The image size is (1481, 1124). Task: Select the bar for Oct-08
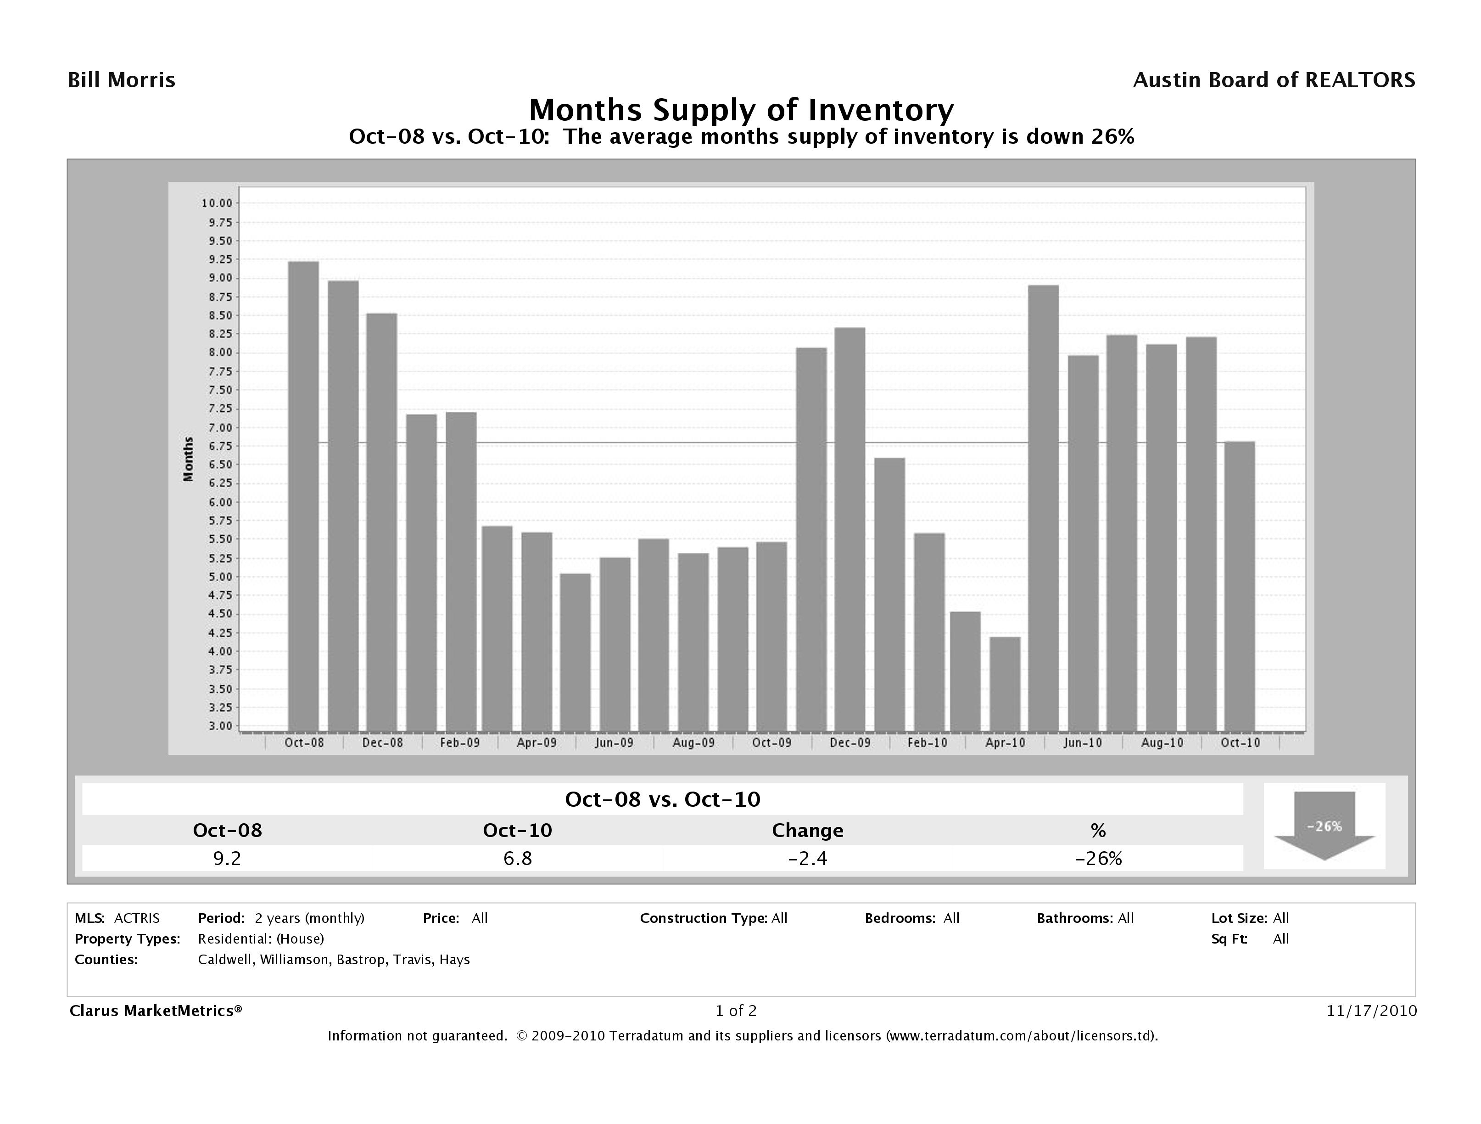coord(303,496)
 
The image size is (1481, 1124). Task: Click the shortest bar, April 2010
coord(1005,683)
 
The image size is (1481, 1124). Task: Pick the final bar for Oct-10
coord(1239,586)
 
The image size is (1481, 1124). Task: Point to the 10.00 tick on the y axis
coord(216,203)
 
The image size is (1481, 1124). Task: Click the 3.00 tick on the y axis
coord(216,726)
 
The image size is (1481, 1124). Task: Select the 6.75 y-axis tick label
coord(216,446)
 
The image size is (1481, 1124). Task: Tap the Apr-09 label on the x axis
coord(537,743)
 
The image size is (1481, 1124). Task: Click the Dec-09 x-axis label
coord(849,743)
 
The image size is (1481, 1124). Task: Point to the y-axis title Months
coord(189,459)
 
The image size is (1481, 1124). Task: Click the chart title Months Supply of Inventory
coord(741,110)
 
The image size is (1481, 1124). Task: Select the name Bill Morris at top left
coord(122,80)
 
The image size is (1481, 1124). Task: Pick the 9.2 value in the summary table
coord(227,858)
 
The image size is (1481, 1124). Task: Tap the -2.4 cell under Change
coord(807,858)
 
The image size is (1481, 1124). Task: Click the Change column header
coord(807,831)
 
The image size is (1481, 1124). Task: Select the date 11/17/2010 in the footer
coord(1371,1011)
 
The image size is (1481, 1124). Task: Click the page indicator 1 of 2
coord(736,1011)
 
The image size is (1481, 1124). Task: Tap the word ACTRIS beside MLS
coord(137,918)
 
